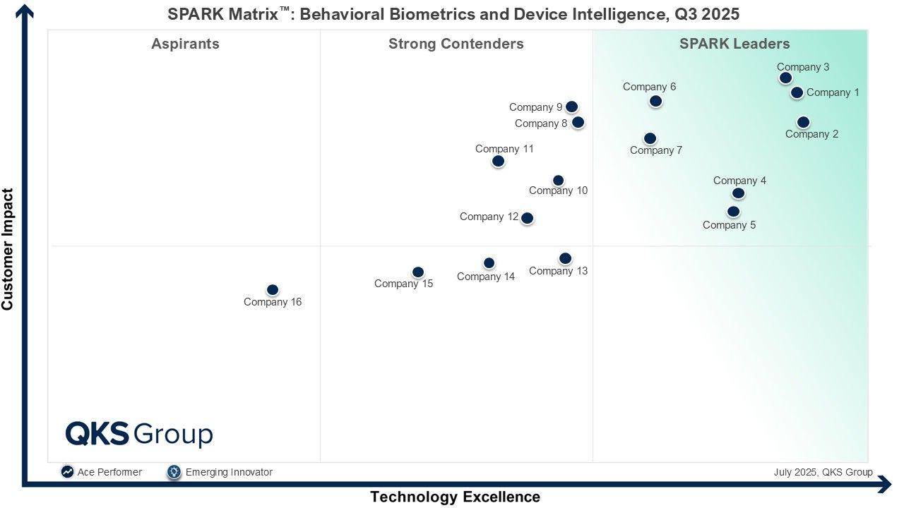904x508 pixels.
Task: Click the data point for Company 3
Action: pos(785,78)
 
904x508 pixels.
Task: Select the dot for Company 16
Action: pos(273,290)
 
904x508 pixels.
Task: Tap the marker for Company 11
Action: pos(498,161)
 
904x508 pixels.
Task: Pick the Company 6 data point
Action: pos(655,101)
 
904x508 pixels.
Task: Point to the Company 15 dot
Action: pos(418,272)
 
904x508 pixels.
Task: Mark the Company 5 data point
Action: pos(733,212)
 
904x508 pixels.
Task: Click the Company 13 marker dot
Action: pos(565,258)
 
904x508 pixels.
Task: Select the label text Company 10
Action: pos(558,190)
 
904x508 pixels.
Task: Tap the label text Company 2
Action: pos(811,134)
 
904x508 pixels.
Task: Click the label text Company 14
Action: pos(486,277)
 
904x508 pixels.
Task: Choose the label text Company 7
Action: pos(656,150)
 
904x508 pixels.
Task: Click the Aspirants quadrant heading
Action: pos(185,44)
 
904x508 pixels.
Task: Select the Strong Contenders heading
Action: pos(456,44)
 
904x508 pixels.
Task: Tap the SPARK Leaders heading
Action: pos(734,44)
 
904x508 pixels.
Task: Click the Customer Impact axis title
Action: pos(8,249)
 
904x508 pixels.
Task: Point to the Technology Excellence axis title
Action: pos(455,497)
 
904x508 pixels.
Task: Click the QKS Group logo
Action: pos(139,434)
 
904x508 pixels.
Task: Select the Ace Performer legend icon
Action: pos(67,472)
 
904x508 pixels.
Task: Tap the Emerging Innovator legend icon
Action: pos(174,472)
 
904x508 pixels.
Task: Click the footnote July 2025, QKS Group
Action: pos(823,472)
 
